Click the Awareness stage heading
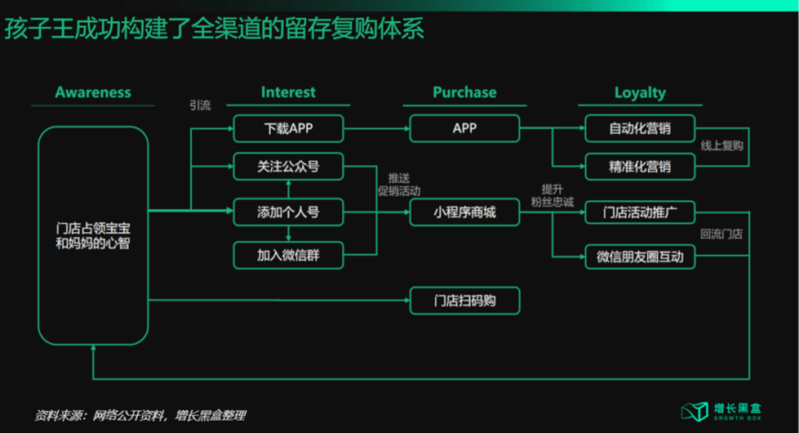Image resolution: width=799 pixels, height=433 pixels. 92,92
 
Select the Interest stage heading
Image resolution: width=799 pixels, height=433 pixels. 288,92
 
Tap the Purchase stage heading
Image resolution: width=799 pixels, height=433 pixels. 464,92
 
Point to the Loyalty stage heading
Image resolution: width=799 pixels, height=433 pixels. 639,92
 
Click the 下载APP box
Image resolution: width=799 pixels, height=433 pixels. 289,128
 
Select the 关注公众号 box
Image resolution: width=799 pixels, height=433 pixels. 289,166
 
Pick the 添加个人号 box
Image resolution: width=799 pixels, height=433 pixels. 289,212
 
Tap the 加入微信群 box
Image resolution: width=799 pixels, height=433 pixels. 289,256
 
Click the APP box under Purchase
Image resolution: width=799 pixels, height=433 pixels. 464,128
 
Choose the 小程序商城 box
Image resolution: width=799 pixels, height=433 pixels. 464,212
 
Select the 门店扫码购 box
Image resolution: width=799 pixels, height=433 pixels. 464,301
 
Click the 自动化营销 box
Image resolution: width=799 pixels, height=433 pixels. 639,128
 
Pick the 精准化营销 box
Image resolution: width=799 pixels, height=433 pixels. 639,166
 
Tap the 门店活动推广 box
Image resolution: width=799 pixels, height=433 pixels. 639,212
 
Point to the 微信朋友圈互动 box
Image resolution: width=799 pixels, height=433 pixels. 639,256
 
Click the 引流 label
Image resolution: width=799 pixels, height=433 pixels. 200,105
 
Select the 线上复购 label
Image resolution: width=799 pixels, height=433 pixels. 722,146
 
